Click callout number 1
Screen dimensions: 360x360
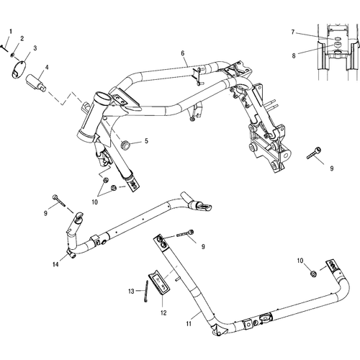[x=11, y=32]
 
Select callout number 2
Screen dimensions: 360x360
[x=22, y=38]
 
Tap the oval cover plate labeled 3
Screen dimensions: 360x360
[x=18, y=70]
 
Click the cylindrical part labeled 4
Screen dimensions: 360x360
[x=36, y=82]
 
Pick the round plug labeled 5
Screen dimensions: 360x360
[x=125, y=145]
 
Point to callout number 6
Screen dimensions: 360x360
[x=183, y=53]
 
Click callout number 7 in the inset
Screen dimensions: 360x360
[x=293, y=32]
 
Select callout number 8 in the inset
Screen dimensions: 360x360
[x=294, y=56]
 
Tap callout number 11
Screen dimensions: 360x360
[x=189, y=324]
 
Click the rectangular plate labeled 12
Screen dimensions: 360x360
[x=160, y=282]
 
